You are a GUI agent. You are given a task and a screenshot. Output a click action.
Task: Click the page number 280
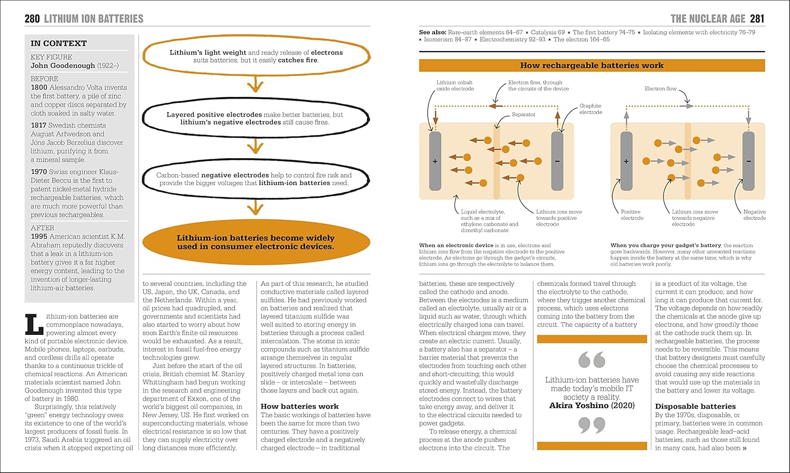32,19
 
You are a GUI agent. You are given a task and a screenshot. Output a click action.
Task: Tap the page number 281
757,19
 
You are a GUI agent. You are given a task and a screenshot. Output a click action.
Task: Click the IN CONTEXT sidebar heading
58,43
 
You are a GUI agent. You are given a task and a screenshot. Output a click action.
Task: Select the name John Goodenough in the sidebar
63,66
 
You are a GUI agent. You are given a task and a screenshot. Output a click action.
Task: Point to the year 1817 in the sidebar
38,126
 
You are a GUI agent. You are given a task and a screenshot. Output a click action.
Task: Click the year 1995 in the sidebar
38,237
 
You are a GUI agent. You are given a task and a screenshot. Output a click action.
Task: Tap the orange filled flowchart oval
256,242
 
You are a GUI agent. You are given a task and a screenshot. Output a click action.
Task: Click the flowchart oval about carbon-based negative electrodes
256,179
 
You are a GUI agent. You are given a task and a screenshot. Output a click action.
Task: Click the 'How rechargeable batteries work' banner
591,65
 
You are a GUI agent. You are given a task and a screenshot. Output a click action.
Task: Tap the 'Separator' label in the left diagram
524,114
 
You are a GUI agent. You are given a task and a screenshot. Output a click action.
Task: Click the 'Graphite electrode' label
590,109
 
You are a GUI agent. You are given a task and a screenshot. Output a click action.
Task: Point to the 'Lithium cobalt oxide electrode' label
455,85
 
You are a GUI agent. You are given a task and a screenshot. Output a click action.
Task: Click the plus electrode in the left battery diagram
435,161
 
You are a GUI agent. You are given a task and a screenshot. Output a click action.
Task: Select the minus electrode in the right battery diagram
748,161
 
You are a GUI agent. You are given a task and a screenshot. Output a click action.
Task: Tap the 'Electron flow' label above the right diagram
660,89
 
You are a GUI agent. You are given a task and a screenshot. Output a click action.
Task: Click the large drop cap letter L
34,324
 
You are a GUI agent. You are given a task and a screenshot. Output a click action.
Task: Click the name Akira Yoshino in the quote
579,406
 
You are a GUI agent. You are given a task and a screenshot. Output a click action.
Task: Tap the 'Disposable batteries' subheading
695,407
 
